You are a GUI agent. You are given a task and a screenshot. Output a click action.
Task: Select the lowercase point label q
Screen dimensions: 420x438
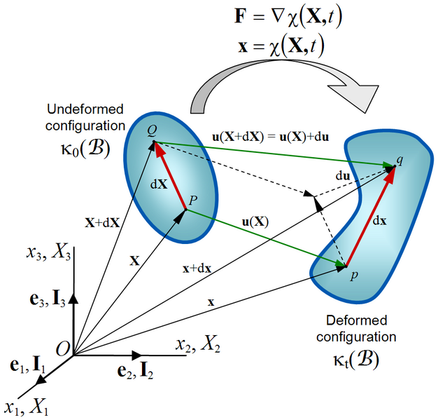400,160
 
